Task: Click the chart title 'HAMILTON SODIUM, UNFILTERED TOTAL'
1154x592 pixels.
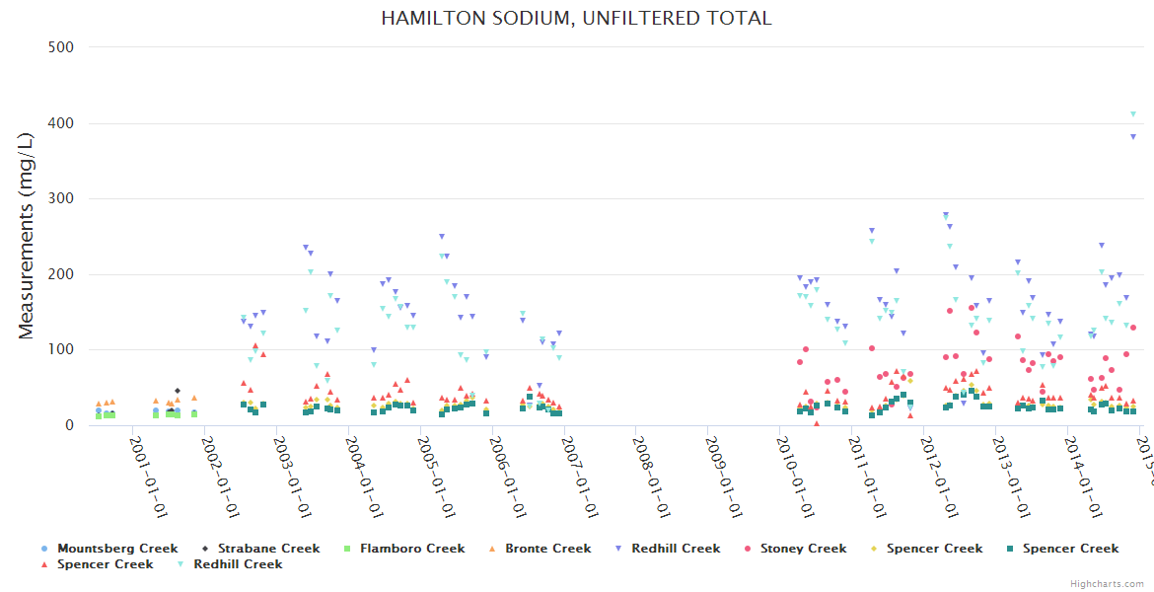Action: (576, 18)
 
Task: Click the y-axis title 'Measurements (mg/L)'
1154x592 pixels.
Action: (27, 237)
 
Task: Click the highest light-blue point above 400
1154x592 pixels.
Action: (1132, 114)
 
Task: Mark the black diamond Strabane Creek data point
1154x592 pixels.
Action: (178, 391)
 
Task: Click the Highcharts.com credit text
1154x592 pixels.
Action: (1106, 584)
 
